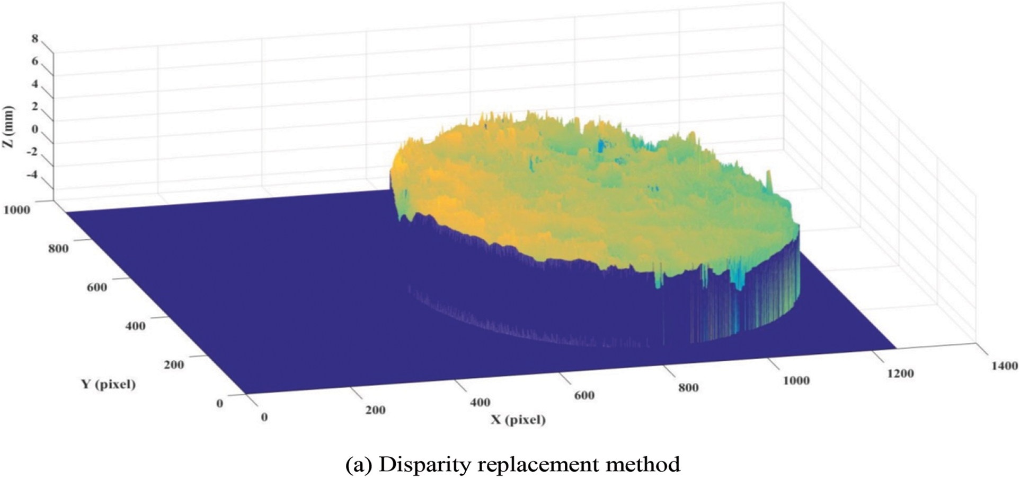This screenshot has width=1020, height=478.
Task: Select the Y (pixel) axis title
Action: (x=108, y=384)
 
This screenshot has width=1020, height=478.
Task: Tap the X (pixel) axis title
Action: (x=518, y=420)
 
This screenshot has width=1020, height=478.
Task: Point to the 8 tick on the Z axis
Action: (x=35, y=39)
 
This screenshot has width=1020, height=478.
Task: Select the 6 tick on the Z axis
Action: (x=35, y=62)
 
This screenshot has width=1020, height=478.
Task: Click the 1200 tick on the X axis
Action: (x=899, y=373)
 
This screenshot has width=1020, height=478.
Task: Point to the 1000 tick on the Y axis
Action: (x=16, y=210)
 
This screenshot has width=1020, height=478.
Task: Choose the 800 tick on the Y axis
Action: (x=57, y=248)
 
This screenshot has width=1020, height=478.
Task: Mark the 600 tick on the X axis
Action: (x=583, y=395)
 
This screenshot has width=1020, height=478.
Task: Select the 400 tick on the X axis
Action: (x=480, y=403)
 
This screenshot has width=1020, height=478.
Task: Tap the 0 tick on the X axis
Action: (x=264, y=417)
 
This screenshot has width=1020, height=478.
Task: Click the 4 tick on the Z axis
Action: (x=35, y=84)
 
